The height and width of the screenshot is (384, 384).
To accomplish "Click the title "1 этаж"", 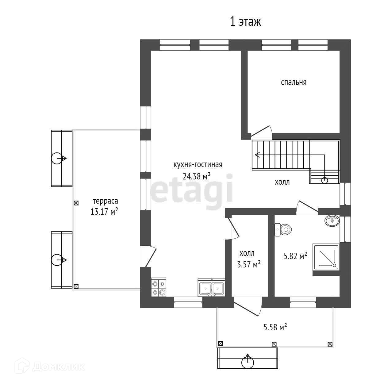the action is (245, 21).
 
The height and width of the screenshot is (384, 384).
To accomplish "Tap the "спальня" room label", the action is (294, 82).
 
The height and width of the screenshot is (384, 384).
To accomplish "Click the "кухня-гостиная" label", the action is (198, 165).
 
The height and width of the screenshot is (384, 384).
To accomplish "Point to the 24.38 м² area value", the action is (197, 176).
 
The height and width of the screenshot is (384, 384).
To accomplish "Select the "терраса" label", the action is (106, 201).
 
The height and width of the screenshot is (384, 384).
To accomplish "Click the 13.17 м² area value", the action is (104, 211).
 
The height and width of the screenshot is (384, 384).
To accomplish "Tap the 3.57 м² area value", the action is (249, 264).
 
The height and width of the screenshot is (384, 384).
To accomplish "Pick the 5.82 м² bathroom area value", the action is (295, 256).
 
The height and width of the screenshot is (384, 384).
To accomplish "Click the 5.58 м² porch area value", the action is (275, 327).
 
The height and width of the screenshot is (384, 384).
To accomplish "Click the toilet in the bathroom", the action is (283, 229).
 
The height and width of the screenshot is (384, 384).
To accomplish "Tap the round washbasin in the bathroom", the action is (332, 221).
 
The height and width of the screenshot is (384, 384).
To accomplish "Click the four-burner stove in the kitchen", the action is (159, 287).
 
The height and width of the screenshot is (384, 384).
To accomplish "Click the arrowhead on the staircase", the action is (257, 155).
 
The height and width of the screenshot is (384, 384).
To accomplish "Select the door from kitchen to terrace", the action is (148, 257).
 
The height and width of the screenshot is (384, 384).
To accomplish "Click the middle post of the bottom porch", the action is (274, 344).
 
